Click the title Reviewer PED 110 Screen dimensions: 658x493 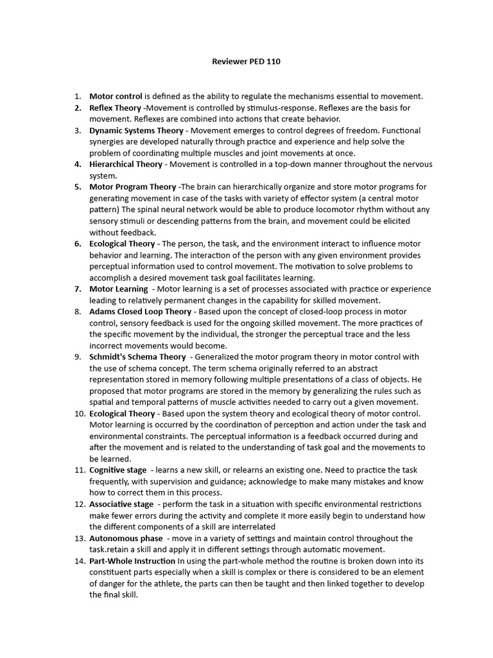246,62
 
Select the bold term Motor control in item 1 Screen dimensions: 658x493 116,96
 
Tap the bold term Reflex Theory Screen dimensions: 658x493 115,108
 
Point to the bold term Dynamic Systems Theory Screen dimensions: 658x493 136,130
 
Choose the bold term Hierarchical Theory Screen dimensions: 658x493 125,164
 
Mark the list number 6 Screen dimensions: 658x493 78,244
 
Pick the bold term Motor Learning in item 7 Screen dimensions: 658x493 118,289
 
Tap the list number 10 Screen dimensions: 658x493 80,413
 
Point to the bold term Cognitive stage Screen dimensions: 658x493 117,470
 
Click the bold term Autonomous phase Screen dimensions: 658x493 126,538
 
